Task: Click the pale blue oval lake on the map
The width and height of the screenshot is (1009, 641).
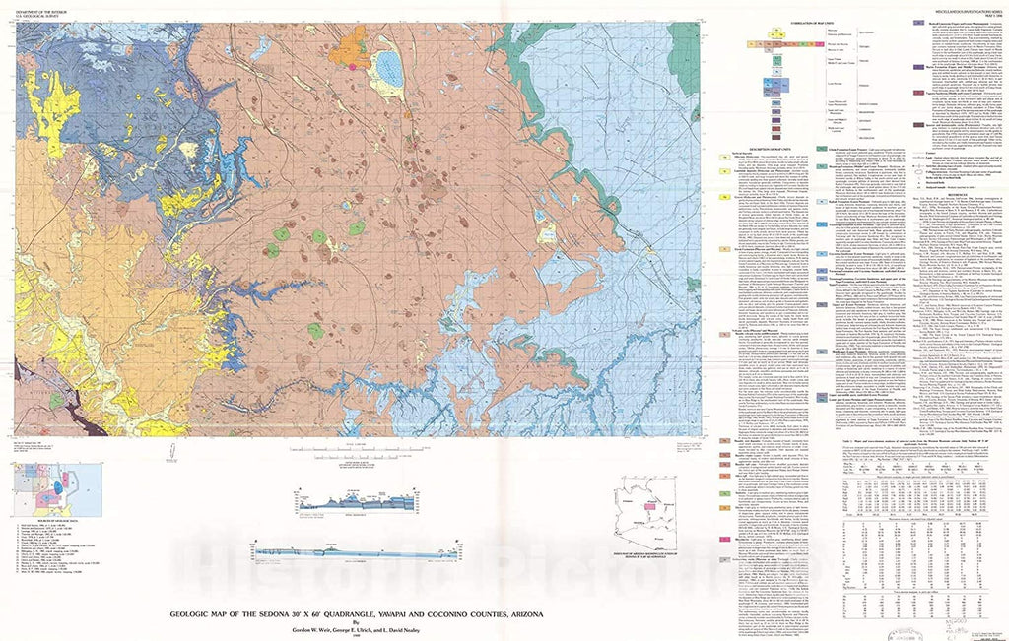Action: click(389, 68)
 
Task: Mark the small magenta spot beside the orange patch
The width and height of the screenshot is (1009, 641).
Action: click(352, 66)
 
